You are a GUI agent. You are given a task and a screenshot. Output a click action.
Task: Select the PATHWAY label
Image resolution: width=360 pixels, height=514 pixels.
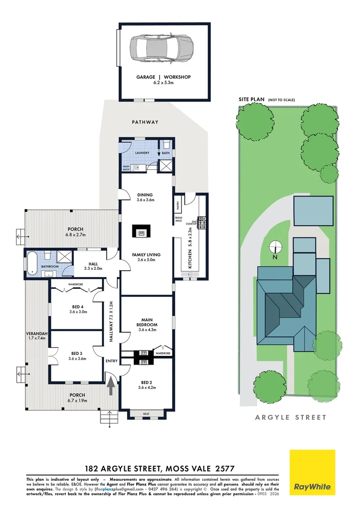coord(145,122)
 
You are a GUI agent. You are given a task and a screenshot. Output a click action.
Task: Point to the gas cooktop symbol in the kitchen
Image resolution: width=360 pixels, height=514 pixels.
coord(202,221)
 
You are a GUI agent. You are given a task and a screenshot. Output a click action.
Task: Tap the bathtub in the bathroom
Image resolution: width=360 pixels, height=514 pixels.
coord(31,263)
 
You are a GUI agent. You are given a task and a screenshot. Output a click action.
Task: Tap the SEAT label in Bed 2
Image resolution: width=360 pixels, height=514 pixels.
coord(146,414)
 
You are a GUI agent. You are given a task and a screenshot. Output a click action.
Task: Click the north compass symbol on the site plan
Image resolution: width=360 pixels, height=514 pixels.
coord(275,247)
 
